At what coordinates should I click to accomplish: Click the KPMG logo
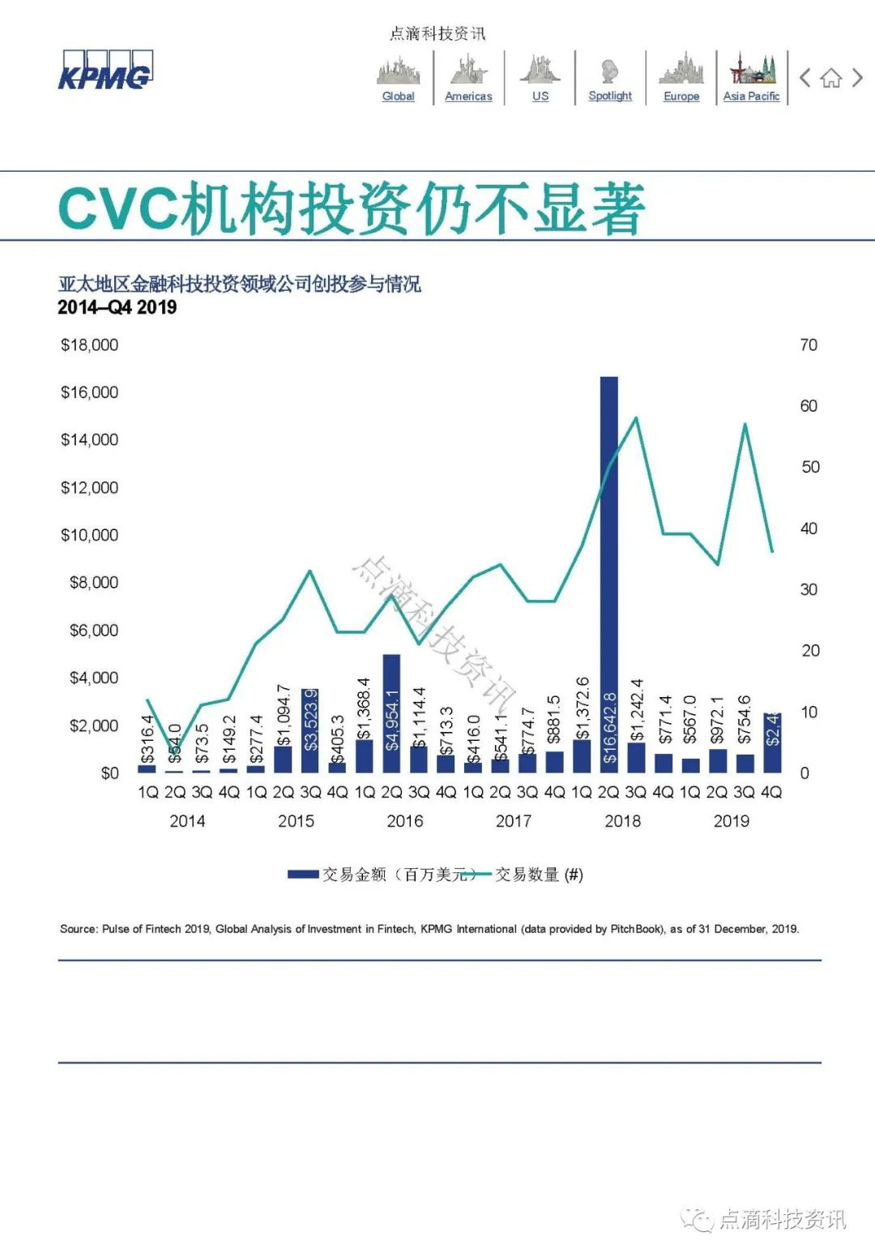105,71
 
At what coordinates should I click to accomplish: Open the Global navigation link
398,96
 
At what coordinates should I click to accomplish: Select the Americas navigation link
468,96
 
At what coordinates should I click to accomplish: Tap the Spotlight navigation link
610,96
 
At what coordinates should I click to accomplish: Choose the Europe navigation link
681,96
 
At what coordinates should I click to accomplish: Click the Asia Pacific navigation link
751,96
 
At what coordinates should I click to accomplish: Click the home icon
830,78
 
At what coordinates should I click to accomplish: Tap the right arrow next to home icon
857,78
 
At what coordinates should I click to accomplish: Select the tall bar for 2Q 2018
608,567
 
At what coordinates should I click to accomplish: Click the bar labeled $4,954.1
391,713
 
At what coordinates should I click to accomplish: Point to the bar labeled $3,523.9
309,730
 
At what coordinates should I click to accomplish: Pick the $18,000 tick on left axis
89,345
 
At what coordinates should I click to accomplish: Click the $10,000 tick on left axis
89,535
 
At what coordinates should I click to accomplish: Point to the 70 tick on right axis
809,345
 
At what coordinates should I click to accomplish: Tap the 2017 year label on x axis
513,821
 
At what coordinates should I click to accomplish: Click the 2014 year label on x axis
187,821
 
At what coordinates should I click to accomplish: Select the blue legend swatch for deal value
303,875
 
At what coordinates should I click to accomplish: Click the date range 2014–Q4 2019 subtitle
117,307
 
